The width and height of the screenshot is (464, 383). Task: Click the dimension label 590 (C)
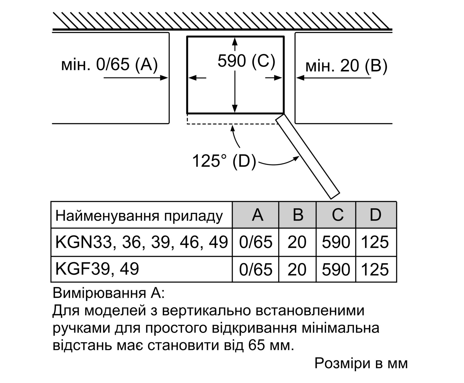pos(246,61)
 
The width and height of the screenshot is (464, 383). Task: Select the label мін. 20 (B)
pos(346,66)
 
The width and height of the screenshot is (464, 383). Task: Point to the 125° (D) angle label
pos(224,161)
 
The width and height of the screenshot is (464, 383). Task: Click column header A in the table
pos(257,215)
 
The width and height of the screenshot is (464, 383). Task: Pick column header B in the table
pos(298,215)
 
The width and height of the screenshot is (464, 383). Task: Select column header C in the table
pos(338,215)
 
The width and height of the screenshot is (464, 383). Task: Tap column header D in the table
pos(376,215)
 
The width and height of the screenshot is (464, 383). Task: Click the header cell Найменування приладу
pos(139,216)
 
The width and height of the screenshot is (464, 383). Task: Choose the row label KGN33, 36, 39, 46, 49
pos(141,242)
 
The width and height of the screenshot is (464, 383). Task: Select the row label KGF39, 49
pos(97,269)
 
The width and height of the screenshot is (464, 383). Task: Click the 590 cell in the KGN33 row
pos(336,242)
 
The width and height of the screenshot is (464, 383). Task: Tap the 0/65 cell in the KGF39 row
pos(256,269)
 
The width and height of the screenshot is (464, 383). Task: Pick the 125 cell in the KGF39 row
pos(375,270)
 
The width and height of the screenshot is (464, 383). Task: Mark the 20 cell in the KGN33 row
pos(297,242)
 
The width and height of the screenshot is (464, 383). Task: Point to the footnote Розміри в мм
pos(361,363)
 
